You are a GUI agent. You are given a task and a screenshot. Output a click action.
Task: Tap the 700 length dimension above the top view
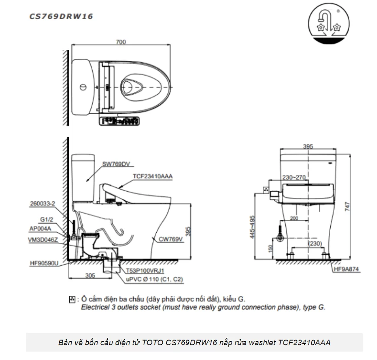[x=121, y=42]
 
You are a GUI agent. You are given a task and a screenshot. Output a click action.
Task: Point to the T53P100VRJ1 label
[x=145, y=271]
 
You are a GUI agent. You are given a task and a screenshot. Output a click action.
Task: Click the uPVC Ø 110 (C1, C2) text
[x=154, y=280]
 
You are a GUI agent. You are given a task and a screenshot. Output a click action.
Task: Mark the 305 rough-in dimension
[x=90, y=275]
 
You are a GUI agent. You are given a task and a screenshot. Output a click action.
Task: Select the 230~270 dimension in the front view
[x=293, y=177]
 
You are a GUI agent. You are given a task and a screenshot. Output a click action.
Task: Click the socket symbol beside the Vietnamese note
[x=72, y=299]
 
